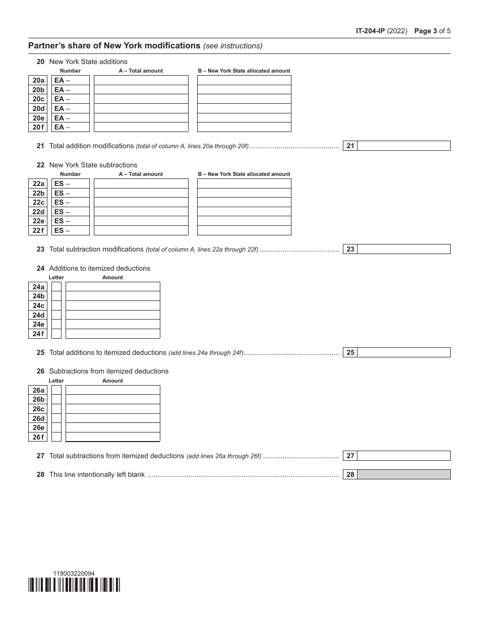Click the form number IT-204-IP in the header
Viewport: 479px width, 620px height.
click(370, 31)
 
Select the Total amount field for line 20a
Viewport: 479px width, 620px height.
click(141, 80)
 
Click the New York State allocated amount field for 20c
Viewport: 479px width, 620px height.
click(244, 99)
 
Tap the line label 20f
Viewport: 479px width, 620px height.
click(38, 128)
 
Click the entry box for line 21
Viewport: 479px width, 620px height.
click(403, 146)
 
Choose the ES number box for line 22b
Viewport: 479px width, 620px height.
click(71, 193)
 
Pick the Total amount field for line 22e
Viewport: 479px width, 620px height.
click(141, 221)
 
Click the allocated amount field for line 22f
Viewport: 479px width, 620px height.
click(244, 230)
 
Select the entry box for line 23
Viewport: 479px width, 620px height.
click(403, 249)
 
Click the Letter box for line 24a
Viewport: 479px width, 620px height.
click(56, 287)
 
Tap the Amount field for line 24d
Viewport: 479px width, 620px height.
click(112, 315)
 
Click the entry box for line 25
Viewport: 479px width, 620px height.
click(403, 353)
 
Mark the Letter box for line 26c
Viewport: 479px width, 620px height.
click(56, 409)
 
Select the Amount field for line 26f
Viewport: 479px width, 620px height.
click(112, 437)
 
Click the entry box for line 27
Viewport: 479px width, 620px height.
click(403, 456)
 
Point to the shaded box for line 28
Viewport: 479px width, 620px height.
click(403, 475)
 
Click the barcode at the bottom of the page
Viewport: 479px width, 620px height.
click(74, 585)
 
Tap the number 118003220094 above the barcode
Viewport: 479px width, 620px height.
click(74, 573)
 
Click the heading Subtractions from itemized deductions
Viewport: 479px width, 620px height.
click(108, 371)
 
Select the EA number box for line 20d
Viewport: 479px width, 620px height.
click(71, 108)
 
